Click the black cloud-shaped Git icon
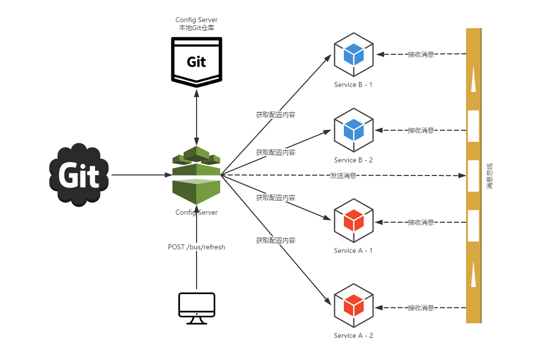point(79,175)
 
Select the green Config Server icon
point(197,175)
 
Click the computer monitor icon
point(197,308)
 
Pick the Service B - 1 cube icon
point(353,54)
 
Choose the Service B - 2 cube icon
point(353,129)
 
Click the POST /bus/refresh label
point(197,247)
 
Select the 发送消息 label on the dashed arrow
point(343,175)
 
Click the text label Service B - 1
point(353,84)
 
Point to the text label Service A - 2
point(353,335)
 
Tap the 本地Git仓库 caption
point(197,28)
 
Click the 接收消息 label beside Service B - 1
point(421,54)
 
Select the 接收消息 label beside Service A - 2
point(421,308)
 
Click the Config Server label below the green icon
point(197,212)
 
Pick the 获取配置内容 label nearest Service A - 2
point(275,240)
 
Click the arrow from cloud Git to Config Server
point(141,175)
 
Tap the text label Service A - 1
point(353,250)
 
